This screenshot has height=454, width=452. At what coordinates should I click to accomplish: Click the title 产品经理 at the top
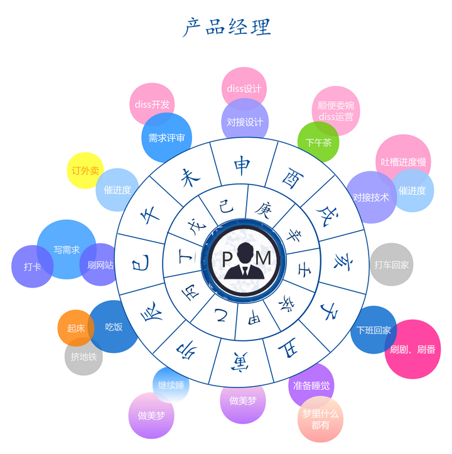pyautogui.click(x=227, y=27)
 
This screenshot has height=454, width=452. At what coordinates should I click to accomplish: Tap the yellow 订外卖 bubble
pyautogui.click(x=85, y=170)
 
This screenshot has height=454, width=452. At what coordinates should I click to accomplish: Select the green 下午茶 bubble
pyautogui.click(x=318, y=142)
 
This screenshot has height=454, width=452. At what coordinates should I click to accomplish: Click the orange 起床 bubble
pyautogui.click(x=76, y=328)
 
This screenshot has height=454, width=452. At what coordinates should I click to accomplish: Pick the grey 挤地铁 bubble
pyautogui.click(x=83, y=357)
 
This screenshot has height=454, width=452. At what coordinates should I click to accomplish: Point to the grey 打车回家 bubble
pyautogui.click(x=391, y=264)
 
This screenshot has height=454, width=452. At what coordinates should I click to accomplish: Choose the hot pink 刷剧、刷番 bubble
pyautogui.click(x=412, y=349)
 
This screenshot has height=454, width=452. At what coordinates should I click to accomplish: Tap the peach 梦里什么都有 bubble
pyautogui.click(x=320, y=419)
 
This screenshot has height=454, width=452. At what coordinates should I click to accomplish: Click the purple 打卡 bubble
pyautogui.click(x=32, y=266)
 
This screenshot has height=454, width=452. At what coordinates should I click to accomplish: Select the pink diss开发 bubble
pyautogui.click(x=152, y=104)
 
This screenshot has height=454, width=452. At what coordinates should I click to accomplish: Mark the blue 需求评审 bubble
pyautogui.click(x=166, y=138)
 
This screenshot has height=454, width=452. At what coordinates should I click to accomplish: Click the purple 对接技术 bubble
pyautogui.click(x=370, y=197)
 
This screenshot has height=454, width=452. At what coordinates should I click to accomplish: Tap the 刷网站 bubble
pyautogui.click(x=100, y=265)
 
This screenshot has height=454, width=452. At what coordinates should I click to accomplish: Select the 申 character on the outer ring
pyautogui.click(x=241, y=165)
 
